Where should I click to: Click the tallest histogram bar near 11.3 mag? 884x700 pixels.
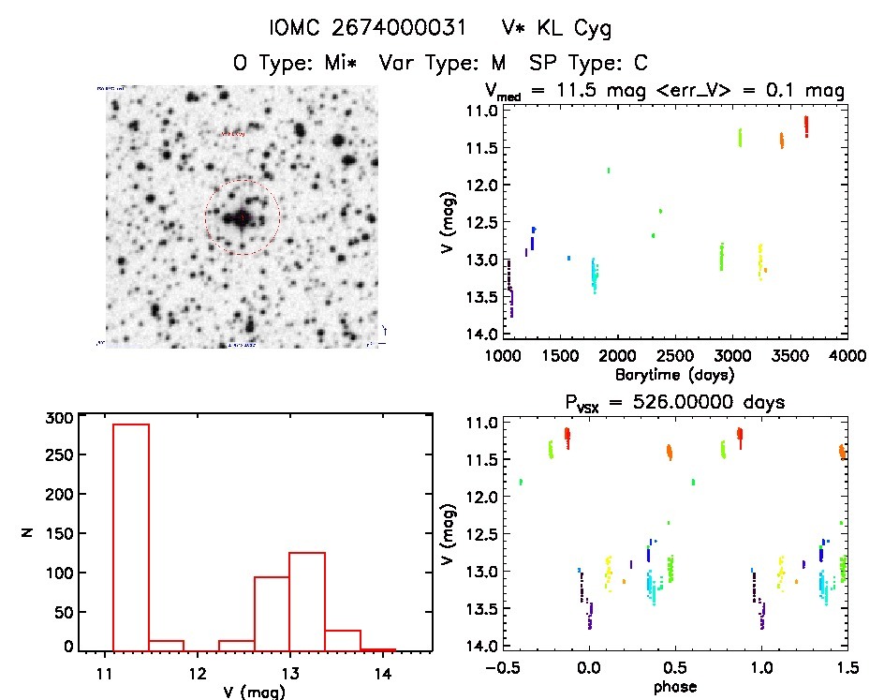131,536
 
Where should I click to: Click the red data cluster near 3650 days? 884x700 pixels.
805,126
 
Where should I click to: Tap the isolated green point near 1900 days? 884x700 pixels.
609,171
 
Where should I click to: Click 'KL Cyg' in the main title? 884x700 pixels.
570,29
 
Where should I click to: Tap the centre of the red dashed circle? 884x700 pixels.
243,217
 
